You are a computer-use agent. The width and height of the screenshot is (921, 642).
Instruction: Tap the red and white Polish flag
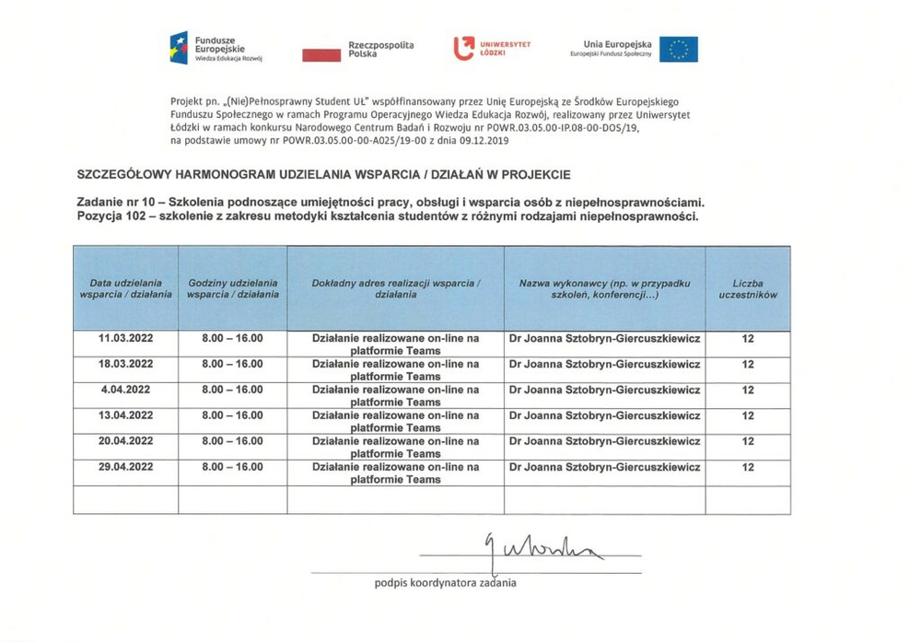click(322, 54)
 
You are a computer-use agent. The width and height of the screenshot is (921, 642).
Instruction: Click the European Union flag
click(678, 49)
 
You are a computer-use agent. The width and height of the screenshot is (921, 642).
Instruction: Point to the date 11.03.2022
click(125, 339)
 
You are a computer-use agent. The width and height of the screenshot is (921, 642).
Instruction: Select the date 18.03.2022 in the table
click(125, 364)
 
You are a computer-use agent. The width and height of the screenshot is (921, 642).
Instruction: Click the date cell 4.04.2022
click(127, 390)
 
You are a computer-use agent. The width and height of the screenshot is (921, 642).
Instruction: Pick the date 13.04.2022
click(125, 415)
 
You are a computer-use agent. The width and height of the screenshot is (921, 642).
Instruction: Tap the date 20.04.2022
click(125, 441)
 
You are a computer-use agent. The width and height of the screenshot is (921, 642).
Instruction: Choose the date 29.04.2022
click(125, 467)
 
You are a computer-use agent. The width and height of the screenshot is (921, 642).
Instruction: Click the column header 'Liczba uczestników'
click(748, 289)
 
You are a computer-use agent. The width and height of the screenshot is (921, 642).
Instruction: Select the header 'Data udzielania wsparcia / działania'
click(126, 289)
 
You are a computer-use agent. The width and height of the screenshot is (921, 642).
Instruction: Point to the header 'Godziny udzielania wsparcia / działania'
click(232, 289)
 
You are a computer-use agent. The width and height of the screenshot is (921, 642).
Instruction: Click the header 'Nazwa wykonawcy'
click(604, 289)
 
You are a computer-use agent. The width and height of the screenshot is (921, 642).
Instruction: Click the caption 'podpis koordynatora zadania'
click(445, 582)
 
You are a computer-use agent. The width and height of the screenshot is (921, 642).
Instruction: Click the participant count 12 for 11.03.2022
click(748, 339)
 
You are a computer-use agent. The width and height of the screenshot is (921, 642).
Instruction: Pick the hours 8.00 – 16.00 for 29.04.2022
click(232, 467)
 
